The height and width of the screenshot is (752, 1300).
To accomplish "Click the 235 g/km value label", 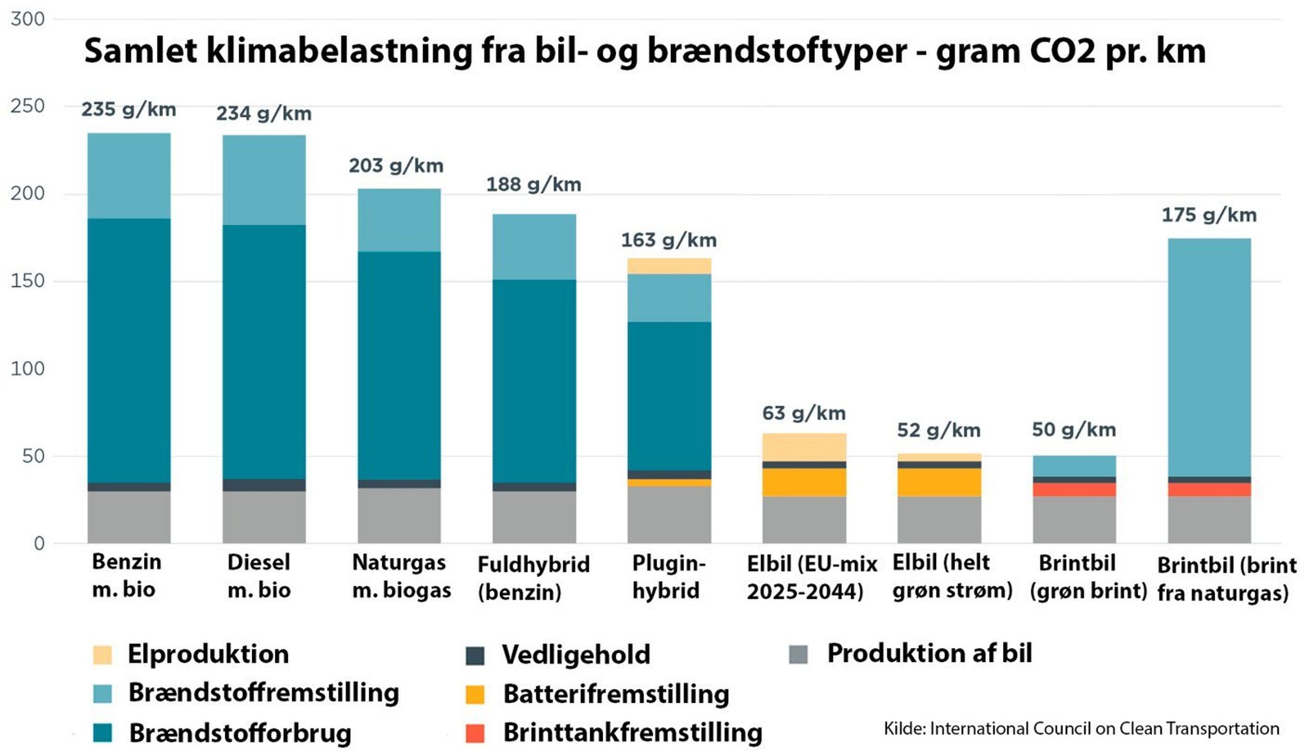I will point(128,109).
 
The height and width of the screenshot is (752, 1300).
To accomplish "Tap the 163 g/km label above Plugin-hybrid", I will point(669,241).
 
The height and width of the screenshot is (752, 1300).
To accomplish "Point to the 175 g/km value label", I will point(1209,215).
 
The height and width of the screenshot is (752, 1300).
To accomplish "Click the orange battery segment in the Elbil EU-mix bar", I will point(804,482).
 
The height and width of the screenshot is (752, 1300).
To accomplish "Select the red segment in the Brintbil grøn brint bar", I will point(1074,489).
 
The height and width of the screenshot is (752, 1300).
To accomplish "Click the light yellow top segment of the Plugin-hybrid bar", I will point(669,266).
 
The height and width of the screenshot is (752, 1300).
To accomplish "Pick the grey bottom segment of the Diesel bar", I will point(264,517).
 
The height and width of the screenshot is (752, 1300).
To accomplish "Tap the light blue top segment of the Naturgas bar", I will point(399,220).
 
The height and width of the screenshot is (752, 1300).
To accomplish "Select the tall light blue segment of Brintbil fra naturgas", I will point(1209,357).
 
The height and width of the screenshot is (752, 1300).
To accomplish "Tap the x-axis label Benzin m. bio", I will point(126,576).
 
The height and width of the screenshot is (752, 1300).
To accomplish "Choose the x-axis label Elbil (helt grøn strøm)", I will point(952,576).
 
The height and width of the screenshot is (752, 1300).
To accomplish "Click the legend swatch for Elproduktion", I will point(102,655).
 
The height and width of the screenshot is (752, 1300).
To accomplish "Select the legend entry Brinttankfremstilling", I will point(633,733).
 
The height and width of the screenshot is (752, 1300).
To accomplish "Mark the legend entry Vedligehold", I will point(576,655).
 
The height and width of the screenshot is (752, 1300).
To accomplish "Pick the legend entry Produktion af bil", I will point(929,654).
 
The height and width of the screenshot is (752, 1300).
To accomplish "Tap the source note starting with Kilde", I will point(1081,729).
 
